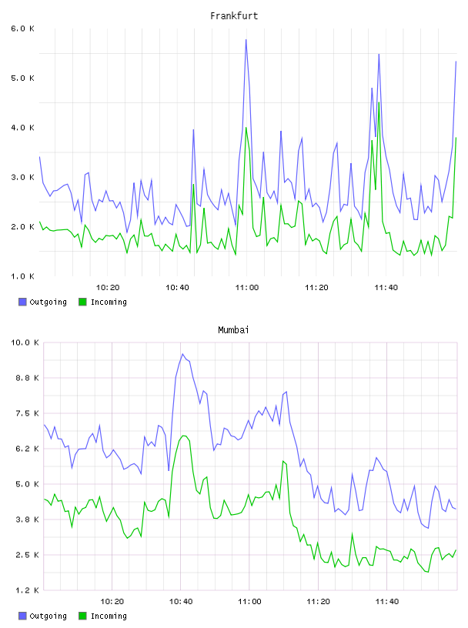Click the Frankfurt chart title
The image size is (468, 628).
[x=234, y=16]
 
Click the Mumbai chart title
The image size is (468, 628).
[x=233, y=330]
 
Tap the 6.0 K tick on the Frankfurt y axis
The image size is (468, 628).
[x=22, y=28]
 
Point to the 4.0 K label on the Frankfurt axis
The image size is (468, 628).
[x=22, y=128]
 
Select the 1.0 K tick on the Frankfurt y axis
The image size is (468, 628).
[x=22, y=276]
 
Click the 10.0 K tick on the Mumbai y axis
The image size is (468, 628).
[x=25, y=342]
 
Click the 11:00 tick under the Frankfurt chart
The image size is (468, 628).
[x=247, y=288]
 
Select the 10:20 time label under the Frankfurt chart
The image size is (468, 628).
[x=108, y=288]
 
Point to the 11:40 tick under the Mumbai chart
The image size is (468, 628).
[x=387, y=602]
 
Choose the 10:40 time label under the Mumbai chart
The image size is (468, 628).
[x=181, y=602]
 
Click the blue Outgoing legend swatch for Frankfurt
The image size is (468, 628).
[x=22, y=302]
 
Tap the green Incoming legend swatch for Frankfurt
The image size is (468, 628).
[x=82, y=302]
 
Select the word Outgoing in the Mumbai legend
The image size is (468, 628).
[x=48, y=616]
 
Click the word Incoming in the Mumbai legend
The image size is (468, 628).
[x=109, y=616]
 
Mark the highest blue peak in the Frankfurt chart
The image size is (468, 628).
[x=246, y=40]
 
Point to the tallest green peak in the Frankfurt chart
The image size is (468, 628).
[x=379, y=103]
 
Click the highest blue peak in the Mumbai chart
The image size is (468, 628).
[x=182, y=354]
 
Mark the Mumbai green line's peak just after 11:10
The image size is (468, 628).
[x=283, y=461]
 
